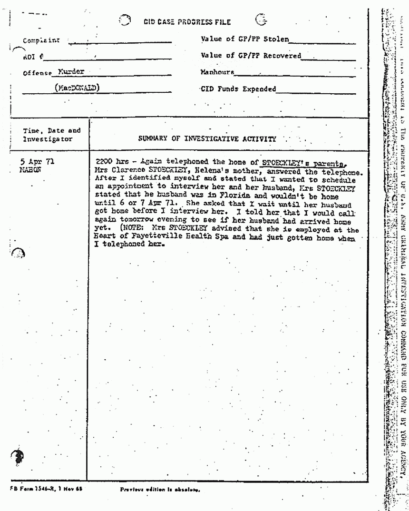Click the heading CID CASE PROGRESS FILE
click(x=188, y=22)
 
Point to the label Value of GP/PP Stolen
click(x=245, y=39)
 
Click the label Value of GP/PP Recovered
click(x=251, y=55)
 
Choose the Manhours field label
click(x=217, y=73)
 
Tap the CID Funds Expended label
click(x=238, y=88)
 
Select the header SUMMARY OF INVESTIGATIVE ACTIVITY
click(x=207, y=139)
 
